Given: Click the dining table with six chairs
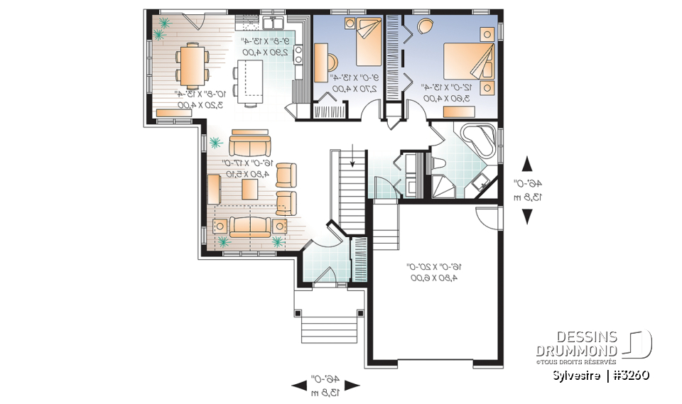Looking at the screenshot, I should (192, 65).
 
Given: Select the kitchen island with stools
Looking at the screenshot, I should (249, 79).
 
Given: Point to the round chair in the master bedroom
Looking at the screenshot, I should (425, 27).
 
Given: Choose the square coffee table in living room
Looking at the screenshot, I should (249, 189).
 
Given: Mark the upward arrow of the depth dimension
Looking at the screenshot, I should (527, 164).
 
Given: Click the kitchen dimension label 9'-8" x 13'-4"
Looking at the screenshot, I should (264, 47).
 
